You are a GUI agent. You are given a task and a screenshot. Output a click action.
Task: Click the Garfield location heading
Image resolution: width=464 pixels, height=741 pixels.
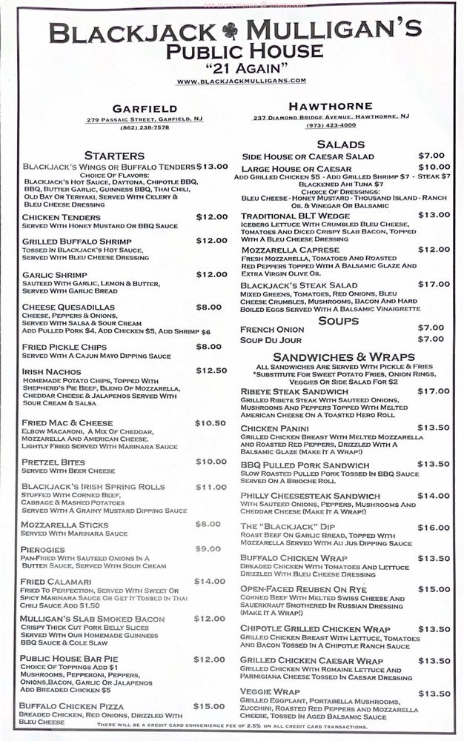point(145,108)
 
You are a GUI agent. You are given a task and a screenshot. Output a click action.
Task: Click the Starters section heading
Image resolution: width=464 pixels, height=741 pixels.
point(114,156)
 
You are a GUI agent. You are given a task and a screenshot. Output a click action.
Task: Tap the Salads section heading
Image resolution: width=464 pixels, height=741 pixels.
point(341,144)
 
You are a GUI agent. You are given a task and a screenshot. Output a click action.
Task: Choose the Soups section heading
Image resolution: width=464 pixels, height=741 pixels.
point(339,320)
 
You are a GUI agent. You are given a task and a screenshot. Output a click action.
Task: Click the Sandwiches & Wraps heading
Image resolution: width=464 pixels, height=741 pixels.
point(334,356)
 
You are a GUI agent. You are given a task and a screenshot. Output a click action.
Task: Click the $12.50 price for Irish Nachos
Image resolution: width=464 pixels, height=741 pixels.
point(211,370)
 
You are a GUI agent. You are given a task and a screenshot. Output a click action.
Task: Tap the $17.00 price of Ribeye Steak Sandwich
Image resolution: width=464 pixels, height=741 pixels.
point(434,391)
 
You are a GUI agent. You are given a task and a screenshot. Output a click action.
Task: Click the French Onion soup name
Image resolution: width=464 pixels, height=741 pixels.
point(272,328)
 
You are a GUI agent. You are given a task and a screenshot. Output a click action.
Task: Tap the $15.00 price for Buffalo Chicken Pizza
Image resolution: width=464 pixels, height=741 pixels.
point(209,705)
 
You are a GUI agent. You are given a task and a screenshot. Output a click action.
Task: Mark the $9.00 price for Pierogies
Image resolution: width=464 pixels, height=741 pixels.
point(208,548)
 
